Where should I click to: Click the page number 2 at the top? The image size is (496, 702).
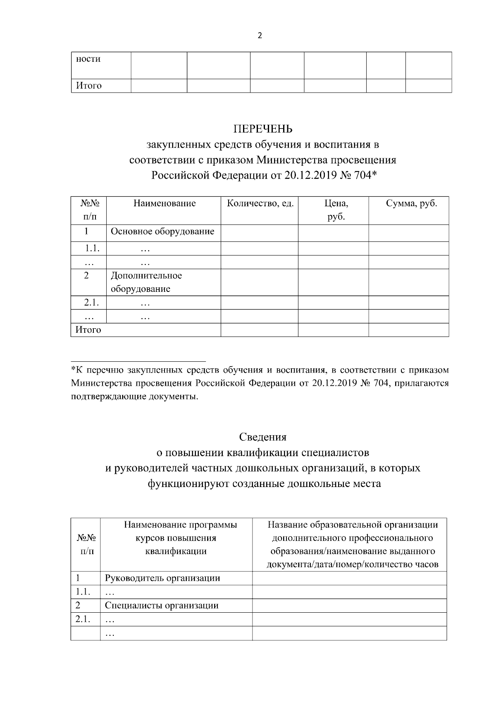pyautogui.click(x=260, y=36)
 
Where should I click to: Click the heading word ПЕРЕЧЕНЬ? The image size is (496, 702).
pyautogui.click(x=263, y=129)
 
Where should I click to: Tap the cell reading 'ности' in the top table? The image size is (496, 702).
pyautogui.click(x=88, y=59)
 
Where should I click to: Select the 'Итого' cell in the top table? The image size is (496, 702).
pyautogui.click(x=88, y=86)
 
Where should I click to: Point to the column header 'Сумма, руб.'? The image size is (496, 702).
pyautogui.click(x=411, y=203)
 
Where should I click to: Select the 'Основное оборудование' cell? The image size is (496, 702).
pyautogui.click(x=162, y=231)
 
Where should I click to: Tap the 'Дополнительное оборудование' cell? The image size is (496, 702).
pyautogui.click(x=146, y=282)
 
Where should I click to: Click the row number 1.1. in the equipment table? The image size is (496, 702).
pyautogui.click(x=92, y=248)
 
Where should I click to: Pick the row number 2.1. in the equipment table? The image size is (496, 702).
pyautogui.click(x=91, y=302)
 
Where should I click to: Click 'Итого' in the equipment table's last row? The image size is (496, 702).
pyautogui.click(x=88, y=330)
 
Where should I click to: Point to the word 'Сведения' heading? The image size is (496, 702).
pyautogui.click(x=262, y=437)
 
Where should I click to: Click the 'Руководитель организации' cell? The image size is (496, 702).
pyautogui.click(x=162, y=578)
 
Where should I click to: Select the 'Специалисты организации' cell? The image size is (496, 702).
pyautogui.click(x=162, y=605)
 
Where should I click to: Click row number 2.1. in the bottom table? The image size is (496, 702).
pyautogui.click(x=83, y=619)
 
